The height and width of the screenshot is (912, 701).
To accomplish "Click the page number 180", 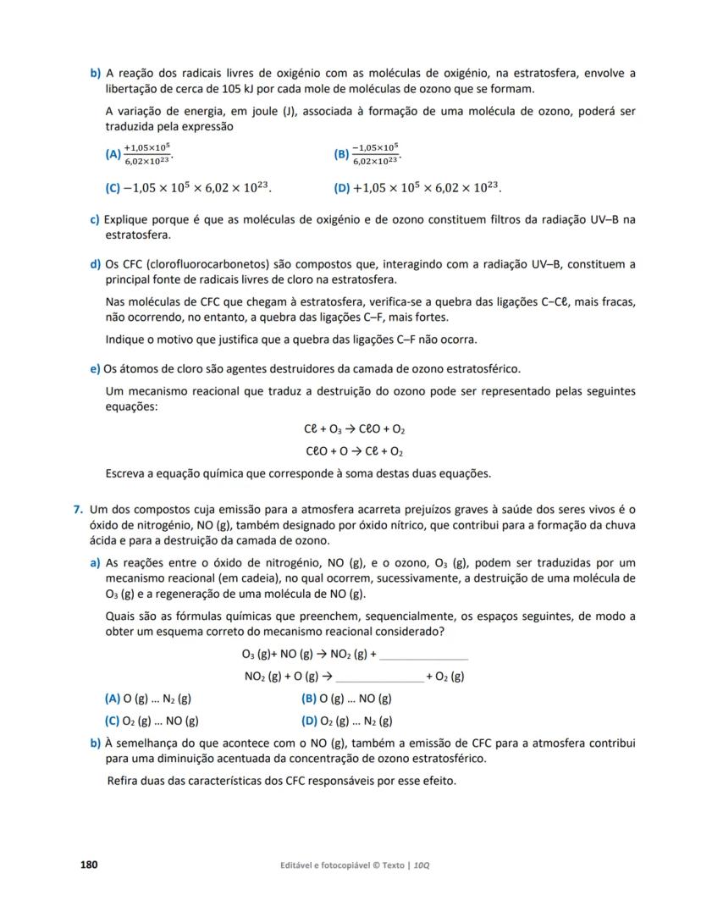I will point(89,865).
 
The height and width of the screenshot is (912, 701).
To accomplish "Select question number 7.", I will point(77,509).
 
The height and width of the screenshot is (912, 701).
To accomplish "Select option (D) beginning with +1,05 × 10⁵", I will point(342,187).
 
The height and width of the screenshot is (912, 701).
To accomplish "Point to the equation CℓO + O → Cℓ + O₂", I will point(353,450).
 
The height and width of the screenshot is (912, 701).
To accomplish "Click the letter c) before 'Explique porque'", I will point(95,220).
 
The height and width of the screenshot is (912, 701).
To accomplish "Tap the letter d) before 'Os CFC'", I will point(95,264).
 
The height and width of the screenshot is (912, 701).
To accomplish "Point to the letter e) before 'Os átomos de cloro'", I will point(95,368).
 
